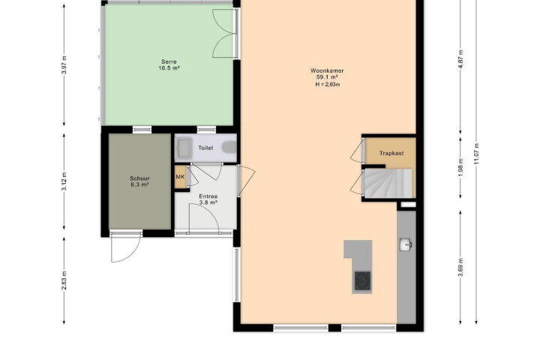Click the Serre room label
pos(169,61)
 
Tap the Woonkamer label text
pos(327,70)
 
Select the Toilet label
pos(205,148)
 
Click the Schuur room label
pos(139,178)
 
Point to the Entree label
pos(208,196)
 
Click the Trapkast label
pos(391,153)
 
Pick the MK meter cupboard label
pos(180,177)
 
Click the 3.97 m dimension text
pos(64,65)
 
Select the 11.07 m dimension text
pos(477,154)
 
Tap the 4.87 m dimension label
pos(460,59)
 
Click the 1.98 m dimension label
pos(460,167)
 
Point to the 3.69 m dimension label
pos(460,267)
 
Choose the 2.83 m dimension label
pos(64,280)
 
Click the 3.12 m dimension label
pos(64,181)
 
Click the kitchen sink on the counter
pos(406,245)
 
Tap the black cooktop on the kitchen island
pos(363,280)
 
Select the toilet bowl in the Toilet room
pos(229,147)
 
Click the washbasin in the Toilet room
pos(184,148)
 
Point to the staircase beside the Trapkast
pos(388,183)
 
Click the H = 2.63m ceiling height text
pos(328,85)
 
